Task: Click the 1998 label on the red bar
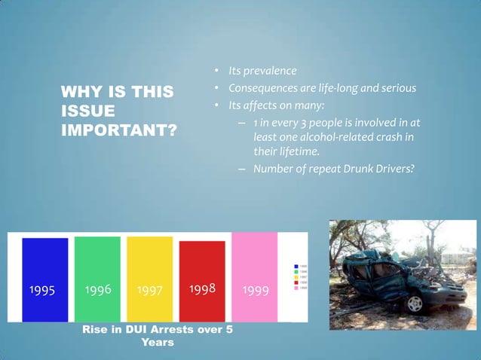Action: (x=202, y=289)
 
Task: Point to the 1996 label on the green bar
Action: (x=97, y=289)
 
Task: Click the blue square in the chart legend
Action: (x=296, y=267)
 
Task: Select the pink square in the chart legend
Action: (x=296, y=288)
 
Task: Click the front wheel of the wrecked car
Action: (x=414, y=304)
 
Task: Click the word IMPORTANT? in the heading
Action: (x=118, y=130)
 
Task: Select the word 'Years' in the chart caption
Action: (x=158, y=342)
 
